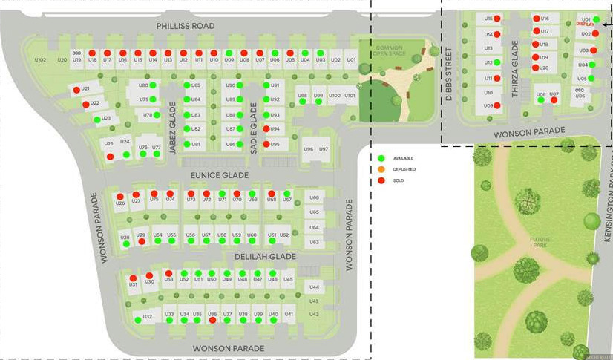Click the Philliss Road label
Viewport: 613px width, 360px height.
[x=185, y=26]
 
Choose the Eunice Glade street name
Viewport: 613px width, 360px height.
[x=219, y=176]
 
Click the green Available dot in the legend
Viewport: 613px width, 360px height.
[x=381, y=158]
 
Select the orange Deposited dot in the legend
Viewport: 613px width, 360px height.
[x=381, y=169]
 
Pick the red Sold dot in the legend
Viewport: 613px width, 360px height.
[x=381, y=180]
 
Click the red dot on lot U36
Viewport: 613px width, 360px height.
[x=213, y=321]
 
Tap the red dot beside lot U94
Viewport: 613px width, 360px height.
[x=266, y=129]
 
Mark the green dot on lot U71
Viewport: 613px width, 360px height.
[x=223, y=194]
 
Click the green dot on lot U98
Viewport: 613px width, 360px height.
[x=302, y=102]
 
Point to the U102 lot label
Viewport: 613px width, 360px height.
[x=40, y=59]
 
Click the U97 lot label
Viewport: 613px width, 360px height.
[x=324, y=149]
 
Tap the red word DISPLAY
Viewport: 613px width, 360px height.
[x=586, y=24]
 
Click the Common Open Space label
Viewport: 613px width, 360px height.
[x=389, y=50]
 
